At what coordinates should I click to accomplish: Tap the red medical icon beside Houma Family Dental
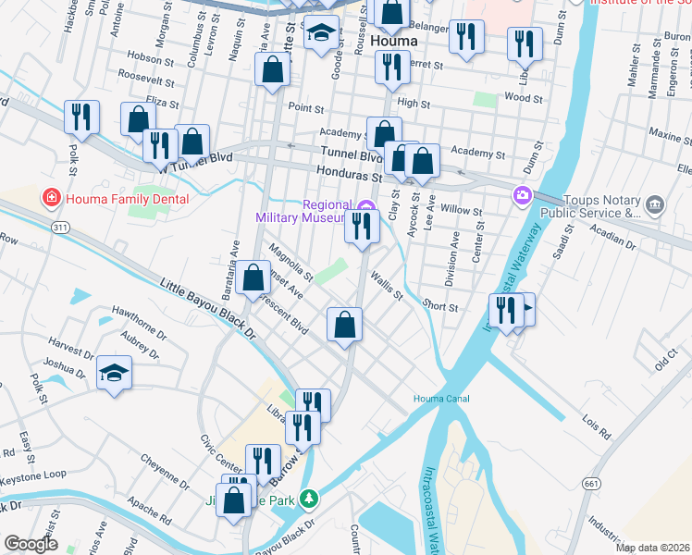pos(51,199)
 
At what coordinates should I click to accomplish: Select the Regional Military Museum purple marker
pos(365,205)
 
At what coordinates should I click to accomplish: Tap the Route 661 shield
pos(591,483)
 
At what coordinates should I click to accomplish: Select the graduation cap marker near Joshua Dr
pos(115,373)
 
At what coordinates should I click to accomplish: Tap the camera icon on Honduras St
pos(523,195)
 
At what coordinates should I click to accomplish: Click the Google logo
pos(31,544)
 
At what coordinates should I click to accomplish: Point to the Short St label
pos(439,308)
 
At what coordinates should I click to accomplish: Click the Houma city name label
pos(393,43)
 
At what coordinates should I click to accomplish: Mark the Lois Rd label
pos(597,427)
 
